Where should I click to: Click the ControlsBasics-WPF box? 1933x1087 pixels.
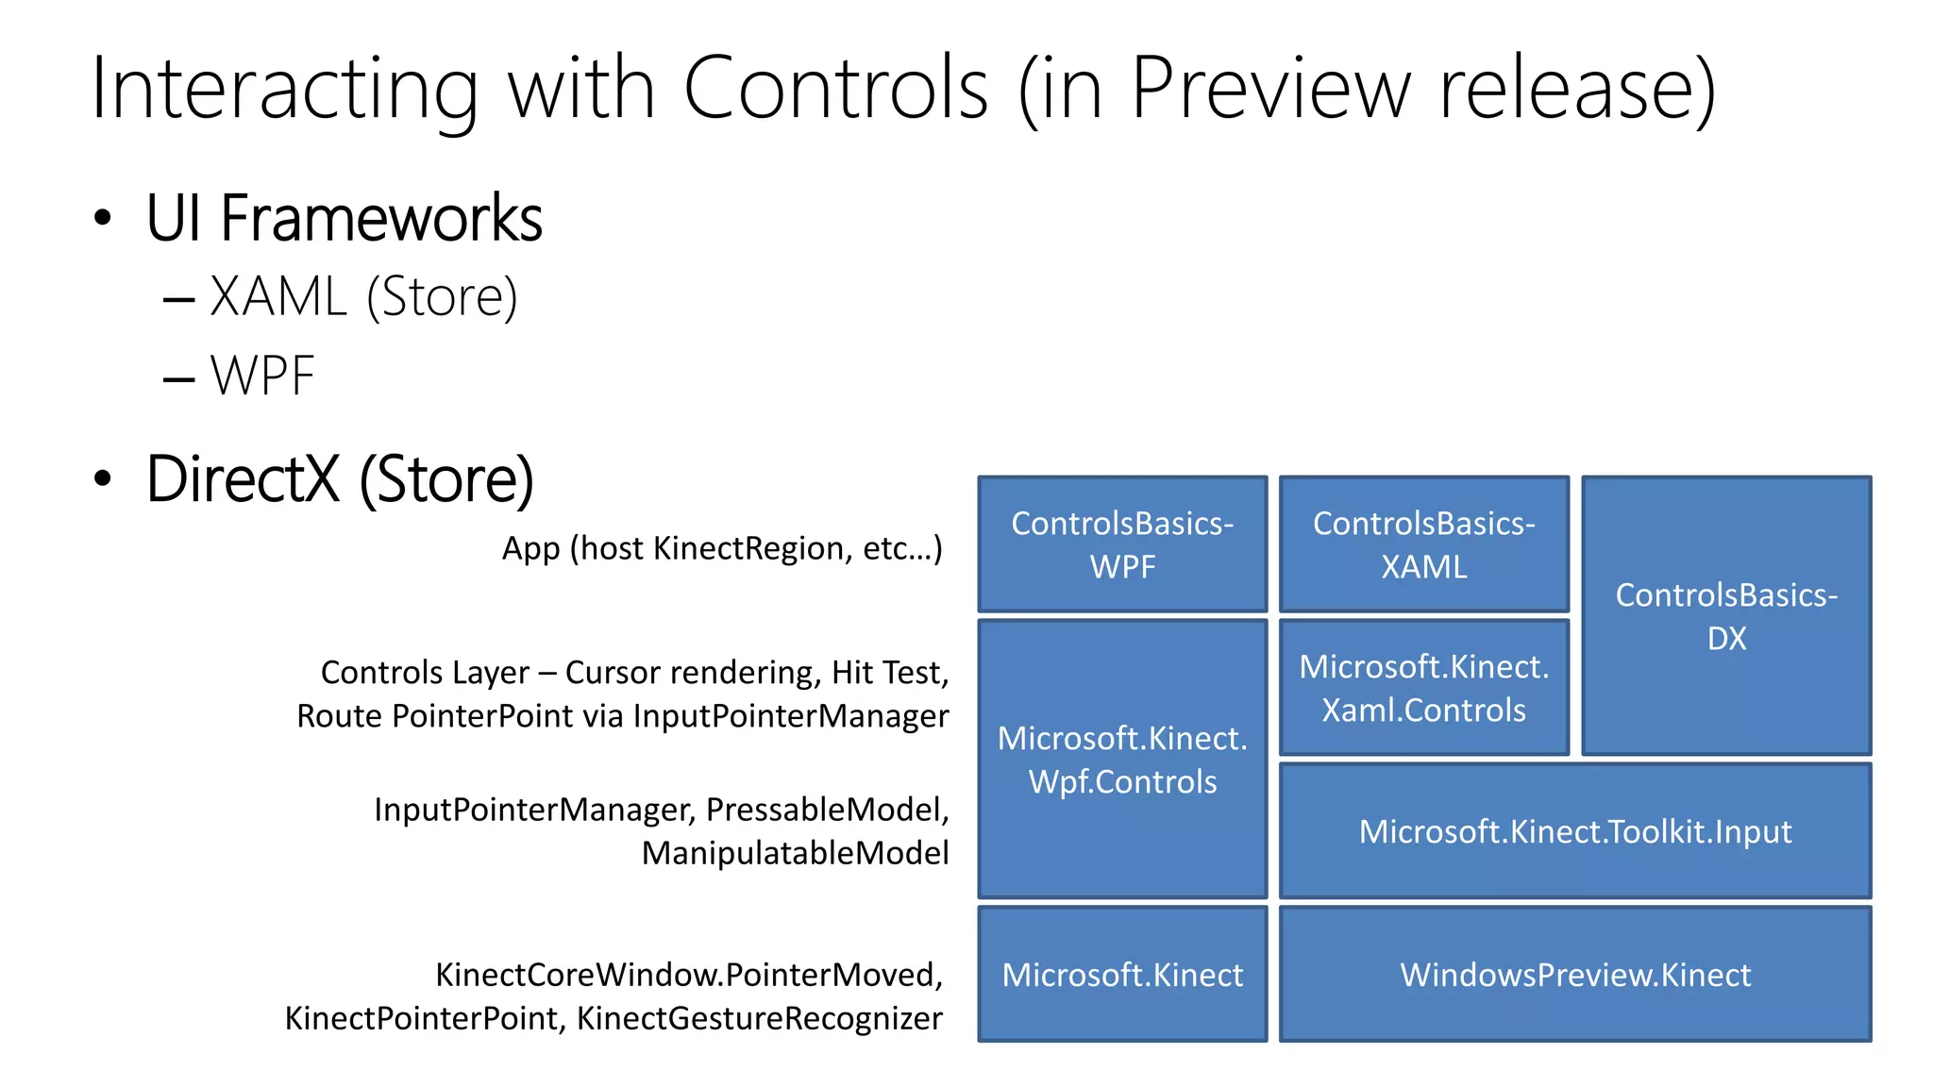point(1122,544)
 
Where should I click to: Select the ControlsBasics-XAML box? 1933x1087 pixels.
point(1423,544)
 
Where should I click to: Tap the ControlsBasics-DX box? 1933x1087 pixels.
point(1726,616)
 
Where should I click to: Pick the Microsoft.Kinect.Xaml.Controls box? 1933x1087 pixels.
point(1423,688)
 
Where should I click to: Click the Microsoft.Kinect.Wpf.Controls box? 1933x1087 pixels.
point(1122,760)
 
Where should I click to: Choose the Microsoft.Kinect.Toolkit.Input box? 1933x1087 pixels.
point(1574,831)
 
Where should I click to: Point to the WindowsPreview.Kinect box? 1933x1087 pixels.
point(1574,975)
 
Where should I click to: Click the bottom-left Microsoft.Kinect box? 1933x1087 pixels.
point(1122,975)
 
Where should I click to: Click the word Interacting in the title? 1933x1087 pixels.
point(284,90)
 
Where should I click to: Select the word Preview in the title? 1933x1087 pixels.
point(1270,90)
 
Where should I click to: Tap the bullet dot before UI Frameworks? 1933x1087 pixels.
point(103,219)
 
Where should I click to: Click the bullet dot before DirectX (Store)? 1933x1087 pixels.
point(103,478)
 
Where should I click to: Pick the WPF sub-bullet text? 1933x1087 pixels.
point(262,376)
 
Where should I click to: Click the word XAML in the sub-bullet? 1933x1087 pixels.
point(278,297)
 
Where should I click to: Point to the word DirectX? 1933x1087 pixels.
point(243,478)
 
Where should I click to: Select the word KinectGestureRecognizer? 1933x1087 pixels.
point(759,1019)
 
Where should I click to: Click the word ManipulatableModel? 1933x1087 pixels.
point(795,853)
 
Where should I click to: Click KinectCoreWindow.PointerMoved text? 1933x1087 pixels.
point(688,975)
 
